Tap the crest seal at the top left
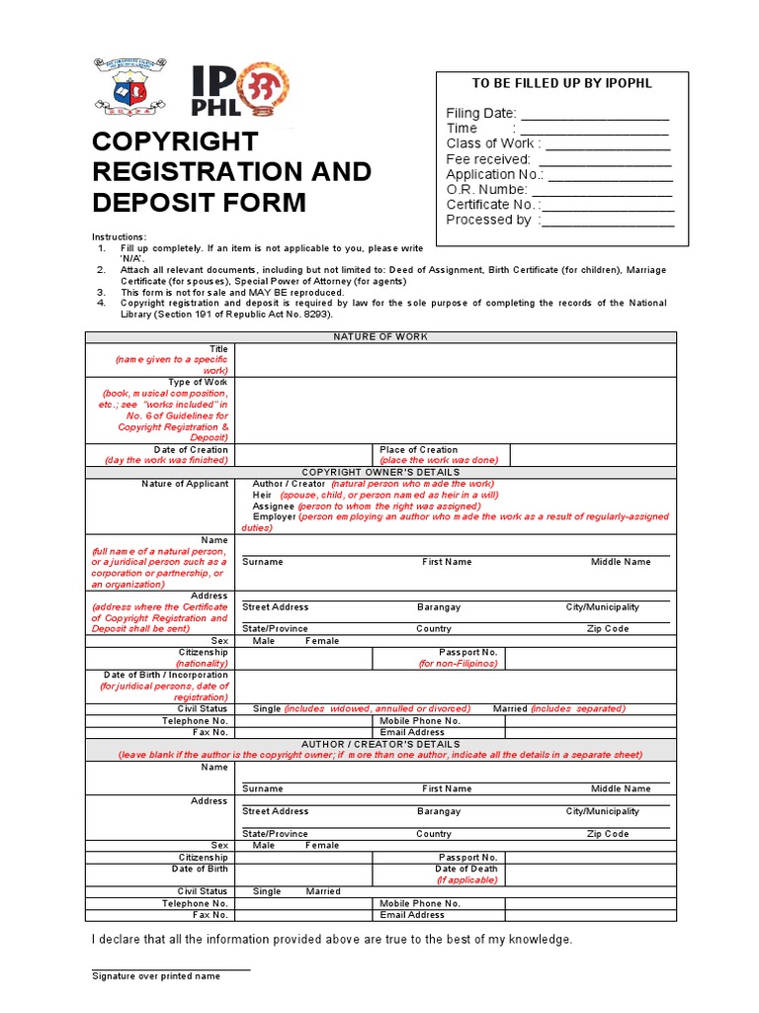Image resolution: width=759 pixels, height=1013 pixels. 129,87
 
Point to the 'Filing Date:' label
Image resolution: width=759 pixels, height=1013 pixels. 481,114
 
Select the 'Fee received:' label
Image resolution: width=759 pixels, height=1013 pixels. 488,159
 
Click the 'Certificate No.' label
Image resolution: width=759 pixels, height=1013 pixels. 491,205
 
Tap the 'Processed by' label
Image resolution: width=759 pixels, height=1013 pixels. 489,220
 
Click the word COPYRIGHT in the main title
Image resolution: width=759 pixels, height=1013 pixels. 175,141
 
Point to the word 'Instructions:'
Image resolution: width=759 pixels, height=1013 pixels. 120,236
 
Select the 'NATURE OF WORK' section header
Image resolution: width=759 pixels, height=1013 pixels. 380,337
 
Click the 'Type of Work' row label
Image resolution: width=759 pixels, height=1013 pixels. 198,382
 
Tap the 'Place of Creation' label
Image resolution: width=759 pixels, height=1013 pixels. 419,449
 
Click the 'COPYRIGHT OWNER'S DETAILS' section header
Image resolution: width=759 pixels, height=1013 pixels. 380,472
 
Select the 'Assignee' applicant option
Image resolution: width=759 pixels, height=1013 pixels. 274,506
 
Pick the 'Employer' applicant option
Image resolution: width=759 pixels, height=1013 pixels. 274,516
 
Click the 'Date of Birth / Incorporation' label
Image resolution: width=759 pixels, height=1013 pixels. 166,675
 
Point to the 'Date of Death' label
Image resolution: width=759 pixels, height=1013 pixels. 466,869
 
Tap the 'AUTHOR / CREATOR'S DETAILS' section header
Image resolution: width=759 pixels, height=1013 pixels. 380,744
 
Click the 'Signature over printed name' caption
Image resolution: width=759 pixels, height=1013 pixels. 156,976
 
